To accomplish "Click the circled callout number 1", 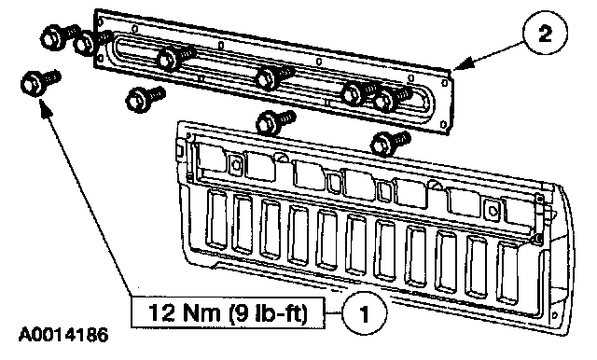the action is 364,313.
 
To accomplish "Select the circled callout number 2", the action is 545,34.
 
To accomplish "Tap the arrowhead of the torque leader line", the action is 45,104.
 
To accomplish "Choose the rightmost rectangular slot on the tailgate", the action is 509,272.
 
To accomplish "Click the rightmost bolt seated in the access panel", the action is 392,98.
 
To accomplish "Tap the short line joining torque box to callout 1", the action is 334,313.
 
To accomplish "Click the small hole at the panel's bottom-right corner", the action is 443,124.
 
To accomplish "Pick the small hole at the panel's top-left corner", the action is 101,22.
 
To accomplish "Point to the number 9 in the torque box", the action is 240,312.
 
